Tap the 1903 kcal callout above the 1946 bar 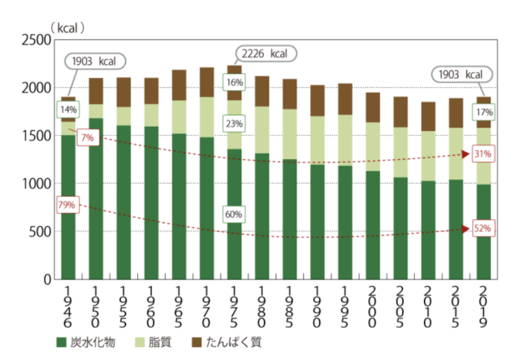pos(93,62)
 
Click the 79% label pos(67,204)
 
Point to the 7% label pos(86,137)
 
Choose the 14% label pos(67,110)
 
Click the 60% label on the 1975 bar pos(234,215)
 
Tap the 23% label pos(234,124)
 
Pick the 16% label pos(234,82)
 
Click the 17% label pos(485,112)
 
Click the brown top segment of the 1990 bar pos(317,100)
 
